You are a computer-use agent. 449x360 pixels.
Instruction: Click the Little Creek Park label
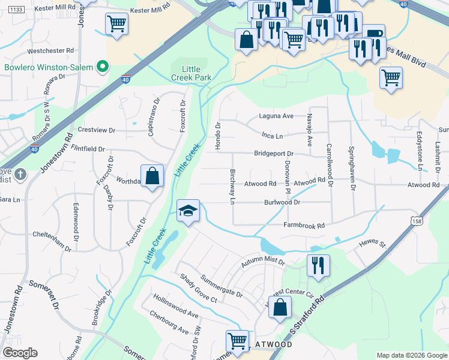[187, 74]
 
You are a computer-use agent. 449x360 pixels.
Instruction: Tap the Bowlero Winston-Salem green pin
[103, 67]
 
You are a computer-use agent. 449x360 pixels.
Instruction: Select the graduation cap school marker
[188, 211]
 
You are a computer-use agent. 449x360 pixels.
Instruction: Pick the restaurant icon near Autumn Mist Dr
[318, 265]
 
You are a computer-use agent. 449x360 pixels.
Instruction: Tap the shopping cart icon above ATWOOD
[238, 341]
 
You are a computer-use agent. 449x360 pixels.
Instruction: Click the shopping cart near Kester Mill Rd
[116, 24]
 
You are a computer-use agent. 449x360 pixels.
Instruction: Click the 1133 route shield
[17, 10]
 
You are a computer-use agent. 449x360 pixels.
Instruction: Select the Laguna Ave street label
[276, 116]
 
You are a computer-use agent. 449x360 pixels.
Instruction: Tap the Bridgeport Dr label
[273, 154]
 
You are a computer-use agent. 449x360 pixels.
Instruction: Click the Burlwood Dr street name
[282, 203]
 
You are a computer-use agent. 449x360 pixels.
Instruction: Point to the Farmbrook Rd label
[304, 226]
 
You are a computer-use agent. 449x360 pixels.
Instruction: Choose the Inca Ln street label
[272, 136]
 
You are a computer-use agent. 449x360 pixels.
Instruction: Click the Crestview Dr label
[96, 130]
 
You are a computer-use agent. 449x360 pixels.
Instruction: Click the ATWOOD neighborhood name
[274, 345]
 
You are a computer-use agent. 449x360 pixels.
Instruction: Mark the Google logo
[20, 353]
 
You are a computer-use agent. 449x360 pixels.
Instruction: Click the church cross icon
[20, 175]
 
